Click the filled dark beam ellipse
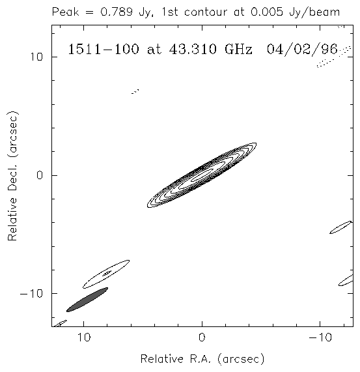pyautogui.click(x=87, y=300)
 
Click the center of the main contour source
pyautogui.click(x=202, y=175)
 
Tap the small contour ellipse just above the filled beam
pyautogui.click(x=106, y=274)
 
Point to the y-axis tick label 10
pyautogui.click(x=36, y=57)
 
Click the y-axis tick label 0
pyautogui.click(x=40, y=175)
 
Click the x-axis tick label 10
pyautogui.click(x=84, y=337)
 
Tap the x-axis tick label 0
pyautogui.click(x=202, y=337)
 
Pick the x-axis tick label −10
pyautogui.click(x=320, y=337)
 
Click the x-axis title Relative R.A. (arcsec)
pyautogui.click(x=202, y=359)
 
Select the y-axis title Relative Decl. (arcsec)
pyautogui.click(x=12, y=176)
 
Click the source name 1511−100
pyautogui.click(x=104, y=50)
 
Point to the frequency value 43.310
pyautogui.click(x=193, y=50)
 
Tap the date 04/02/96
pyautogui.click(x=302, y=50)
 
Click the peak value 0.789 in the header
pyautogui.click(x=116, y=12)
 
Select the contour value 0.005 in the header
pyautogui.click(x=267, y=12)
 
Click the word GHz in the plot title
pyautogui.click(x=238, y=50)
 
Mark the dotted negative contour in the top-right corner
pyautogui.click(x=334, y=57)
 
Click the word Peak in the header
pyautogui.click(x=65, y=12)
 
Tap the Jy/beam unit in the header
pyautogui.click(x=314, y=12)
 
